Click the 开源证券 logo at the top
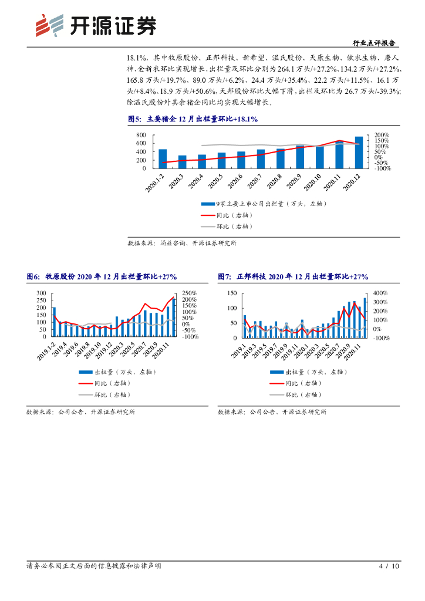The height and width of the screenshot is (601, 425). tap(96, 25)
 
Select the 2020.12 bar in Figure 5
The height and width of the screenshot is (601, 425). tap(359, 153)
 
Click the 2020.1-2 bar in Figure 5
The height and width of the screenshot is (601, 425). tap(163, 159)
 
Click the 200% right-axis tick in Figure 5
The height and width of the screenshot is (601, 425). tap(382, 135)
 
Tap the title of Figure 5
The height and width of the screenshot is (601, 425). tap(193, 119)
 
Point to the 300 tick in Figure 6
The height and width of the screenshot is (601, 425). tap(41, 292)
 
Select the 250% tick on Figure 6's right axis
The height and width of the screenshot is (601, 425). tap(190, 292)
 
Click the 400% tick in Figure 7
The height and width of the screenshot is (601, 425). tap(381, 292)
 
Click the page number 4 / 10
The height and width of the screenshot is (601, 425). tap(389, 566)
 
